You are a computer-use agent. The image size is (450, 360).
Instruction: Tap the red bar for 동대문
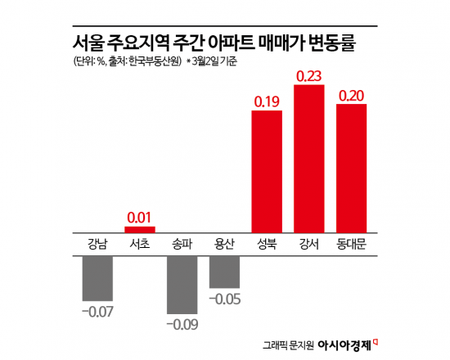point(357,168)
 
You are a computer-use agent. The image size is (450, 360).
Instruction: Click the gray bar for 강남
point(97,277)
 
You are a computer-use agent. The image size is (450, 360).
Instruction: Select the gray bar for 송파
point(182,285)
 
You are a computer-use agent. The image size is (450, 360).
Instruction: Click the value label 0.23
point(314,75)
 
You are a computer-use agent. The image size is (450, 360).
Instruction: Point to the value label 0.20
point(357,95)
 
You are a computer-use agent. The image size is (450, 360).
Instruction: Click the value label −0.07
point(97,312)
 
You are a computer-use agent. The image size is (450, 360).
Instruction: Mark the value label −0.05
point(224,299)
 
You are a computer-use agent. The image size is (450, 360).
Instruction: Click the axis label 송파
point(182,244)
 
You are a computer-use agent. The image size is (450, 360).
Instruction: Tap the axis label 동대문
point(357,244)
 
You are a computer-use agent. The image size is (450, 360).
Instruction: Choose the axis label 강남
point(97,244)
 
